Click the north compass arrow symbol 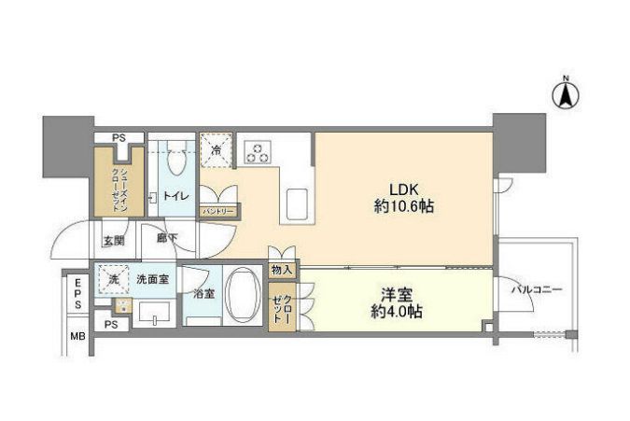click(x=566, y=93)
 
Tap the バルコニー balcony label click(x=536, y=290)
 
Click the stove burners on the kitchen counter click(x=258, y=150)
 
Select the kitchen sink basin click(x=297, y=202)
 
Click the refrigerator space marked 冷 click(x=217, y=149)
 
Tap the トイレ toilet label click(x=175, y=197)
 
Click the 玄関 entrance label click(x=113, y=241)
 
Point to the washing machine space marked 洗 click(x=113, y=279)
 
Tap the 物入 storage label click(x=283, y=271)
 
